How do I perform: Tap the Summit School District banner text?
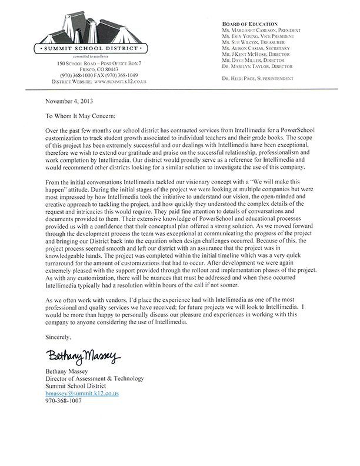click(x=88, y=47)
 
